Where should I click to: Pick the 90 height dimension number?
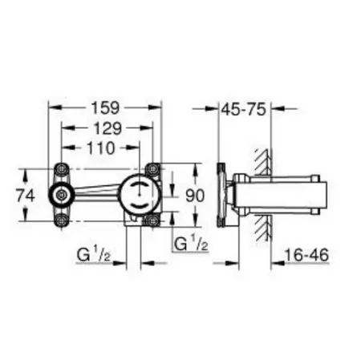[196, 194]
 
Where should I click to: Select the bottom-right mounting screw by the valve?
[152, 219]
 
